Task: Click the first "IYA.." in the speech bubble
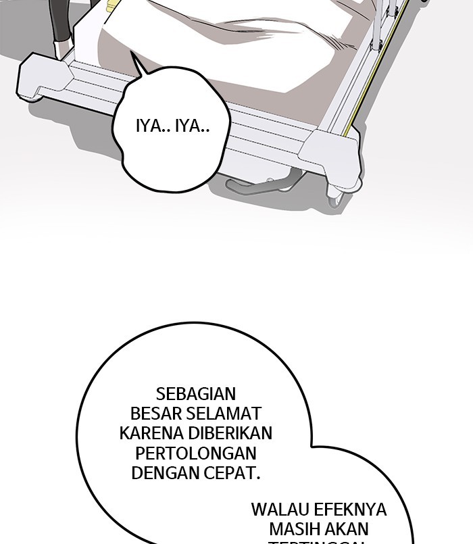click(153, 126)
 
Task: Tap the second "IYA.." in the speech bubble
click(192, 126)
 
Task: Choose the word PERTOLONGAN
click(195, 453)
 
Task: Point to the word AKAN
click(351, 528)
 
